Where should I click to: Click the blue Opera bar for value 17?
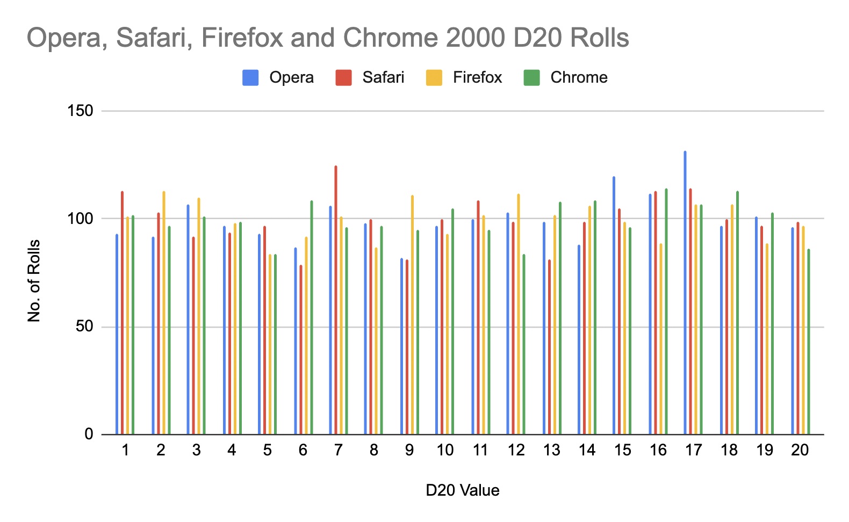(685, 293)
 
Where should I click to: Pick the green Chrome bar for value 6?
(312, 317)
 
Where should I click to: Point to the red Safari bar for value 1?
(123, 313)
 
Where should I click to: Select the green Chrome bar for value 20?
(809, 342)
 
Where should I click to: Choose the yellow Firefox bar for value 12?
(519, 314)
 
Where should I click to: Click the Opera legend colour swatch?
(250, 78)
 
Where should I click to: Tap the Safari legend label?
(383, 78)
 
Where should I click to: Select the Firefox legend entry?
(477, 78)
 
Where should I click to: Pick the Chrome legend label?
(579, 78)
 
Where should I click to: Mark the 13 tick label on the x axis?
(552, 450)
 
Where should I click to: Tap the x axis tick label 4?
(232, 450)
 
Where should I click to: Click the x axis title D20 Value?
(462, 490)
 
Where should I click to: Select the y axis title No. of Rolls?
(34, 281)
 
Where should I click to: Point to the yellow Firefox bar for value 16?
(661, 339)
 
